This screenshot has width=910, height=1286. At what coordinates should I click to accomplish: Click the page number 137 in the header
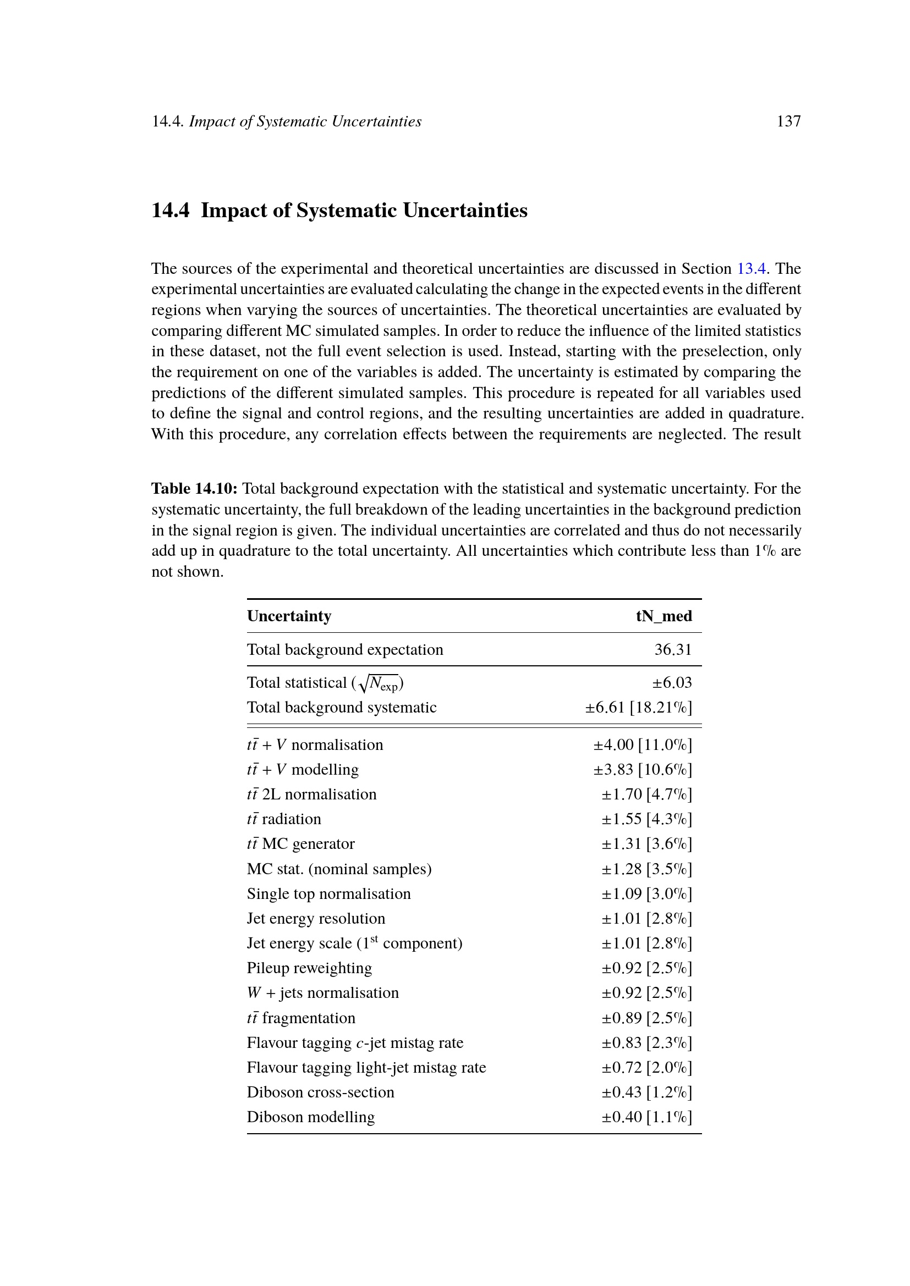pos(788,122)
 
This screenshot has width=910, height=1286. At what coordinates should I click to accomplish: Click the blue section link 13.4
pos(751,269)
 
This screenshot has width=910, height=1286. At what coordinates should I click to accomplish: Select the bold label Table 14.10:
pos(194,488)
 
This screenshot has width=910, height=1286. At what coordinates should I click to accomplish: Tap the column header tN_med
pos(664,616)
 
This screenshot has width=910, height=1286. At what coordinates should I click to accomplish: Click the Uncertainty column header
pos(289,616)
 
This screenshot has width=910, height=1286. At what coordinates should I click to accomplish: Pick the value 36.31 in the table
pos(673,650)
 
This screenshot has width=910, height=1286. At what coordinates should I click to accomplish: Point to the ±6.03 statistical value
pos(672,683)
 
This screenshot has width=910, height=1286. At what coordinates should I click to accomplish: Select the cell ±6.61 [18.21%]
pos(638,708)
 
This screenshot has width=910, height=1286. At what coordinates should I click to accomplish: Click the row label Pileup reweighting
pos(309,968)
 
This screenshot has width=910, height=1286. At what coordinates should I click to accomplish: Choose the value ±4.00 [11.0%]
pos(643,745)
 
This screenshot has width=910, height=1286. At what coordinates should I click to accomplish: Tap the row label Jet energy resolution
pos(316,919)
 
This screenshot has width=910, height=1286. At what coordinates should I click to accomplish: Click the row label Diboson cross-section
pos(321,1092)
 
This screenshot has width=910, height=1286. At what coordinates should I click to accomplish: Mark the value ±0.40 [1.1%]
pos(646,1117)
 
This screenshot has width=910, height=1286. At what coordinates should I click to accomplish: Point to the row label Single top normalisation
pos(329,894)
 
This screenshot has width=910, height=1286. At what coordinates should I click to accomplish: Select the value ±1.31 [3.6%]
pos(646,844)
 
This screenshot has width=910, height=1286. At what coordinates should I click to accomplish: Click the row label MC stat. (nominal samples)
pos(339,869)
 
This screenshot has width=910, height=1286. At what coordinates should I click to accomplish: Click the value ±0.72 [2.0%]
pos(646,1068)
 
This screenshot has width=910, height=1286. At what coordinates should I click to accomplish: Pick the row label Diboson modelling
pos(311,1117)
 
